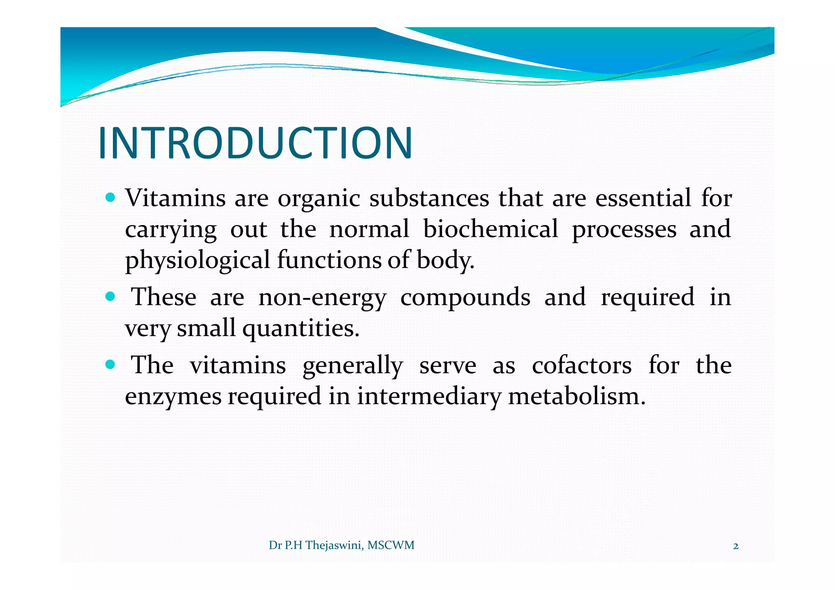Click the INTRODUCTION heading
click(x=255, y=143)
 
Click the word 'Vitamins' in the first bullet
click(x=175, y=198)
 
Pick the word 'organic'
click(x=319, y=199)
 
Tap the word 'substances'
click(x=429, y=198)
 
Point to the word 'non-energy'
click(x=322, y=297)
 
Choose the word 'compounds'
click(x=465, y=297)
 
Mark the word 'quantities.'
click(x=301, y=329)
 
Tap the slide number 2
click(x=736, y=546)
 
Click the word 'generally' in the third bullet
click(x=352, y=365)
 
